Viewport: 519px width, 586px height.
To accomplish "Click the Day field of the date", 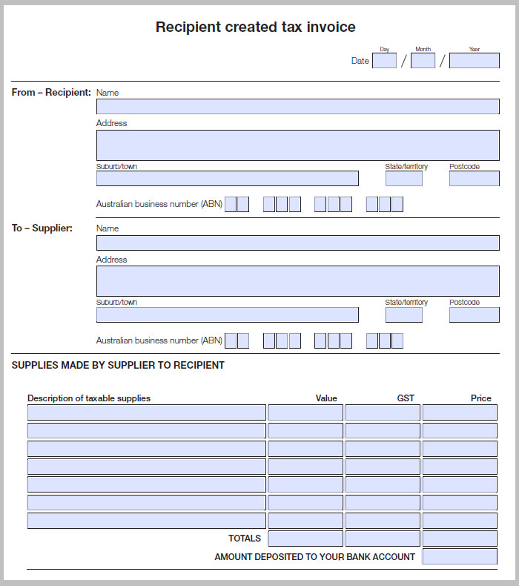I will (384, 61).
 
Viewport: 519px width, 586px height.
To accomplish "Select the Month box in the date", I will (423, 61).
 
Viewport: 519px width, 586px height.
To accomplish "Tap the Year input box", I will (474, 61).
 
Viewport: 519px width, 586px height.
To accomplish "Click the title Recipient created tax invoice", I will (255, 27).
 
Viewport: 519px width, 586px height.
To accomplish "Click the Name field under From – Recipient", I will (297, 106).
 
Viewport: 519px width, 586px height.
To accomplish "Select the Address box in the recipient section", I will (297, 145).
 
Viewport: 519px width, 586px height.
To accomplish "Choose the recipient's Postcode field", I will (474, 178).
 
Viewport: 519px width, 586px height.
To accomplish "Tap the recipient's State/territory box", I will (403, 178).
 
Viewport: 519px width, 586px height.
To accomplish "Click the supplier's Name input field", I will (297, 243).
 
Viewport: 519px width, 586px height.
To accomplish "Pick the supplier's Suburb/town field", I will (227, 315).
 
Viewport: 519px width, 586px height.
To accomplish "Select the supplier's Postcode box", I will (474, 315).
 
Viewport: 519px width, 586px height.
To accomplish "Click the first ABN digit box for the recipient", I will (231, 204).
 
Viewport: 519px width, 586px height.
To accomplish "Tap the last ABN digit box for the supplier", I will (397, 340).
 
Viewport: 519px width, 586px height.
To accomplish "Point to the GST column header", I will (406, 398).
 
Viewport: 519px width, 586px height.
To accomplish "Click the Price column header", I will (480, 398).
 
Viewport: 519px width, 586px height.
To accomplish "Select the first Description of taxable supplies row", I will (146, 412).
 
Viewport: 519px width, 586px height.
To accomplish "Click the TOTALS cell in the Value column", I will (305, 539).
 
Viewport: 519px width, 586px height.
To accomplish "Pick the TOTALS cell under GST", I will (382, 539).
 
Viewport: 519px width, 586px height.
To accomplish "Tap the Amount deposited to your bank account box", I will (459, 556).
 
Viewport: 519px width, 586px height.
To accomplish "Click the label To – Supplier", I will (42, 228).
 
